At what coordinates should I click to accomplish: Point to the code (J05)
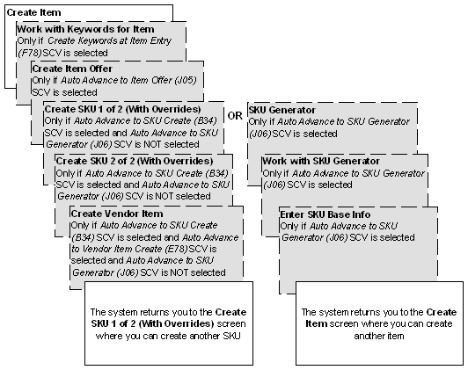point(186,80)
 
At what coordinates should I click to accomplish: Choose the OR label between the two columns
point(235,116)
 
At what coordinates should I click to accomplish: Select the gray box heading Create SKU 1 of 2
point(122,108)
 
